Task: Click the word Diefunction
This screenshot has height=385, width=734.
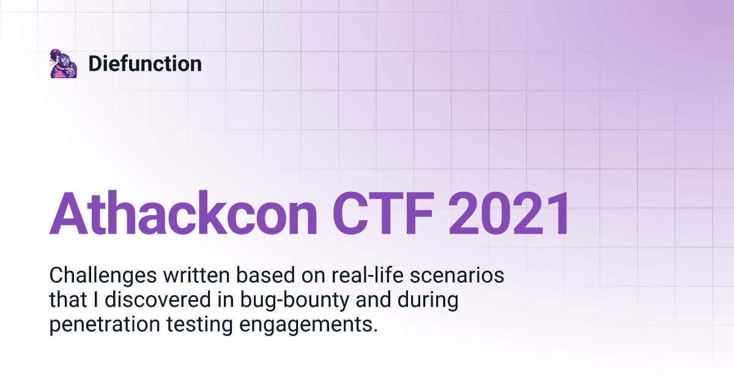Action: [x=145, y=64]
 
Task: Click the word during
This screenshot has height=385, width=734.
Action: [x=427, y=300]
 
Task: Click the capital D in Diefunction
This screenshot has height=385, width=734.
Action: [x=95, y=64]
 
